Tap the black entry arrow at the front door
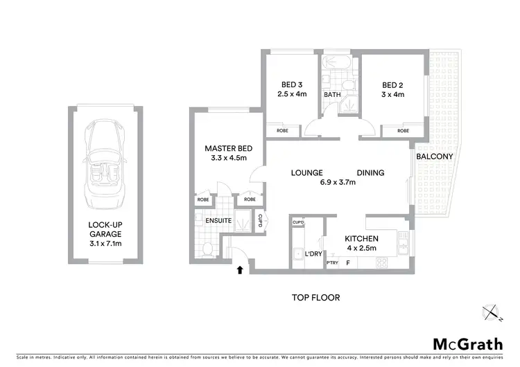(241, 269)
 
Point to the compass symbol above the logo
(493, 314)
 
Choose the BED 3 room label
(288, 85)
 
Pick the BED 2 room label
(392, 85)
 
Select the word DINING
(370, 173)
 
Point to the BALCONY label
(435, 156)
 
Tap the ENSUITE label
(217, 220)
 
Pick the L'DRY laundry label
(313, 253)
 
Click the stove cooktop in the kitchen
(382, 263)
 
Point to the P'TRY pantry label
(331, 263)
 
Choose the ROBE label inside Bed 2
(401, 130)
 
